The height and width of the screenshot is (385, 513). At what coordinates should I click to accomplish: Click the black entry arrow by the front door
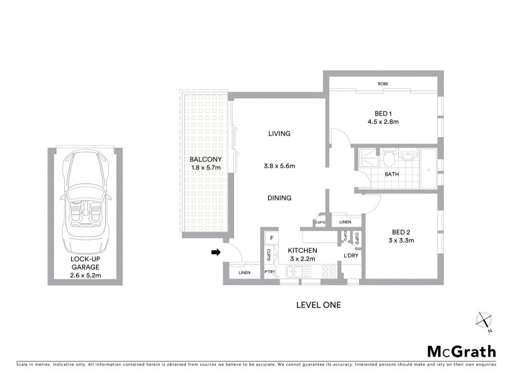(215, 252)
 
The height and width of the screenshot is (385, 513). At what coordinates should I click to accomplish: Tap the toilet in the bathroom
(389, 160)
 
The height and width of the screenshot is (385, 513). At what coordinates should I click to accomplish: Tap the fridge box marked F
(271, 238)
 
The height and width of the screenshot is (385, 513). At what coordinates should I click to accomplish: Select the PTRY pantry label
(270, 273)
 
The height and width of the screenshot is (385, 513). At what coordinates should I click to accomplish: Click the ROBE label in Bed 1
(383, 84)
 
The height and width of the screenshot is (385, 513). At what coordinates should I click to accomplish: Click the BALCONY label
(205, 159)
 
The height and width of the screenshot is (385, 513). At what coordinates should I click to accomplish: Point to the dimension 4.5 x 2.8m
(383, 121)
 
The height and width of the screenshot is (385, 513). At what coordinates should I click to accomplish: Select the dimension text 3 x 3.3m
(401, 241)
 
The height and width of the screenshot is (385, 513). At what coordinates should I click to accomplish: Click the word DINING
(280, 198)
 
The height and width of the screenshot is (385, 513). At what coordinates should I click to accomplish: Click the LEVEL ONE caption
(318, 305)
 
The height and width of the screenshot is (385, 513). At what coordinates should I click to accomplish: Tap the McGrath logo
(461, 351)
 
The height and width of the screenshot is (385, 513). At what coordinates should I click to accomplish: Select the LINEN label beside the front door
(244, 273)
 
